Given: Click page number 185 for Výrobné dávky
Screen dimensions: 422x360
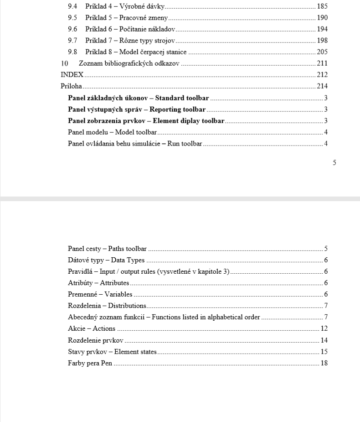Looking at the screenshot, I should [x=322, y=7].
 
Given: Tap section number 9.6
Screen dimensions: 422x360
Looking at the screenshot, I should [x=72, y=30].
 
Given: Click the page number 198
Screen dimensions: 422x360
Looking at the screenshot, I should [x=322, y=41].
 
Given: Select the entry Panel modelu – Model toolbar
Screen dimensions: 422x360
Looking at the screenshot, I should [x=112, y=132].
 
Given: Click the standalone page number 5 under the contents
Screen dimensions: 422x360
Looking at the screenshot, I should [x=334, y=162].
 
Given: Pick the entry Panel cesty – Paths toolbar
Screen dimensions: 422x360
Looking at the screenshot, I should [x=107, y=249].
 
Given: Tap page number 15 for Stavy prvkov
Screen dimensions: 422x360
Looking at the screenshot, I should [x=324, y=352].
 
